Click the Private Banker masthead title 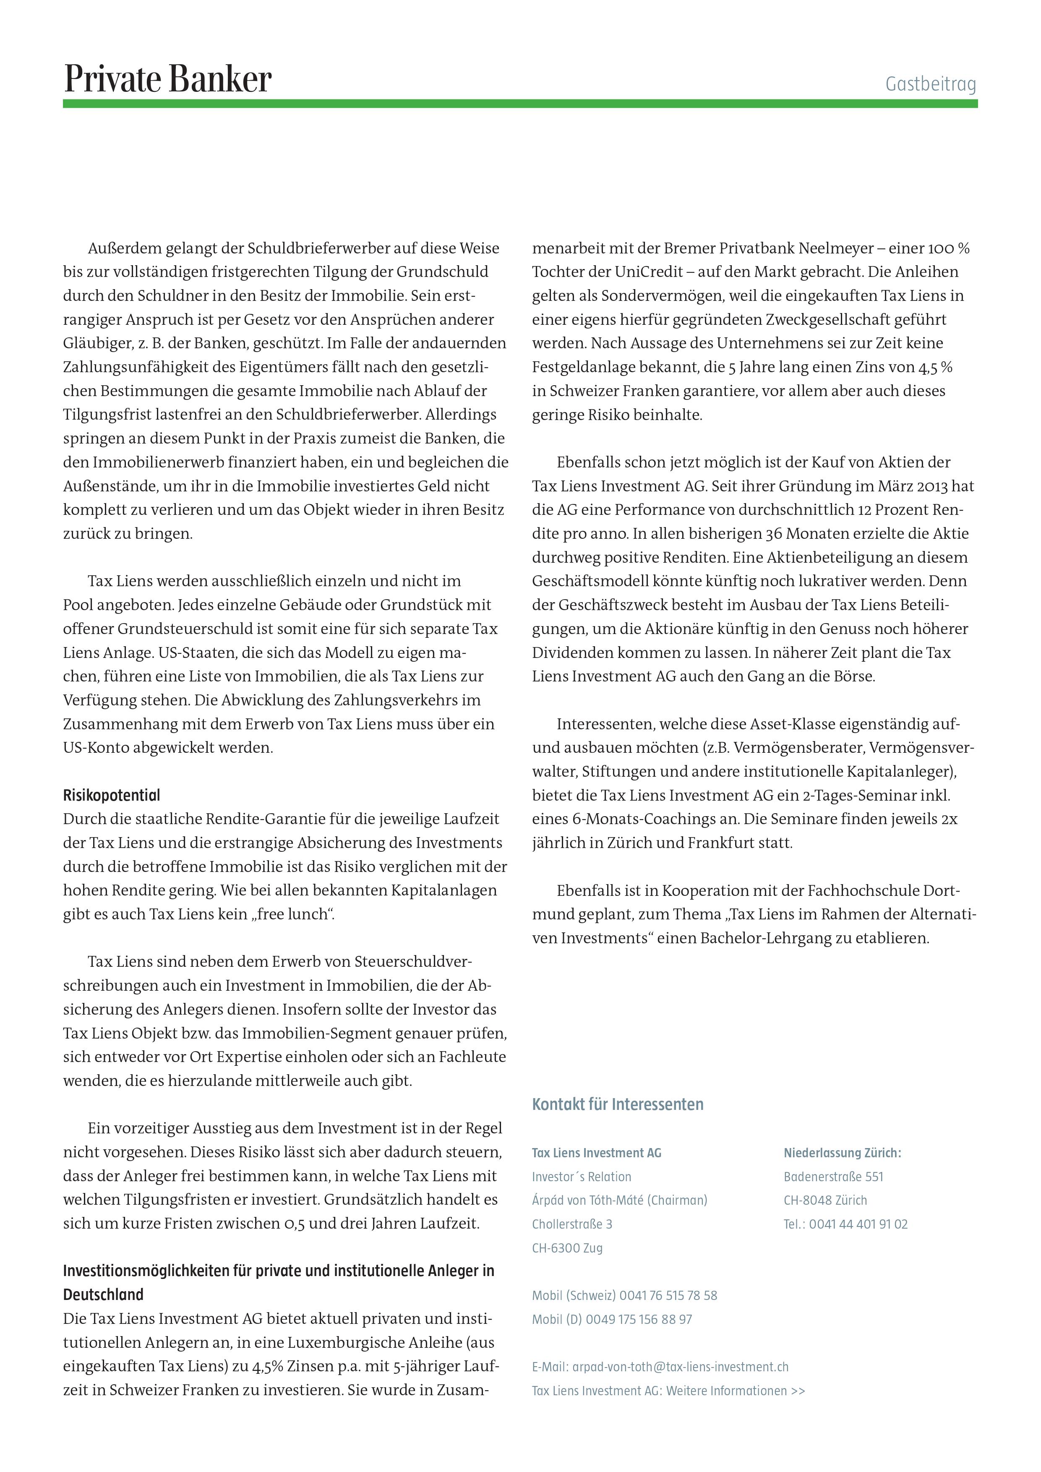tap(167, 79)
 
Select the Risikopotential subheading tap(112, 796)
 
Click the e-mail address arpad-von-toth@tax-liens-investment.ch tap(680, 1367)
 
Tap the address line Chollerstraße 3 tap(572, 1224)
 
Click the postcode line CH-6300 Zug tap(567, 1248)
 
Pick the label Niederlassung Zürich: tap(842, 1153)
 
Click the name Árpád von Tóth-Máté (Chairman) tap(619, 1200)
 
